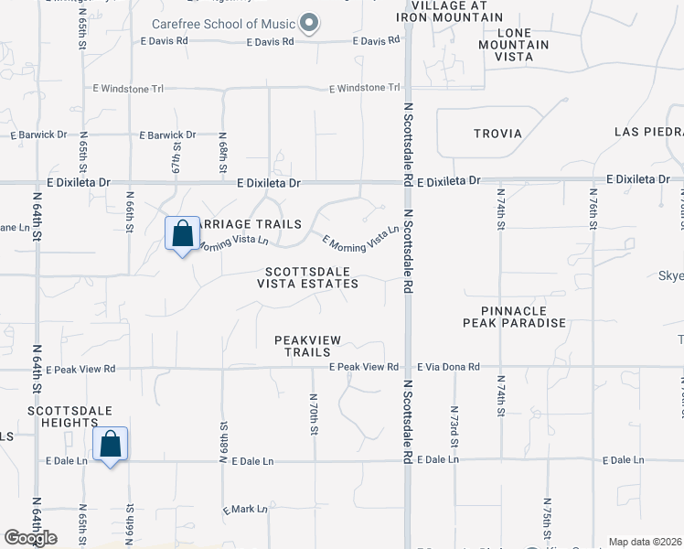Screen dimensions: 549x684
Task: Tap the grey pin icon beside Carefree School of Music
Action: click(310, 24)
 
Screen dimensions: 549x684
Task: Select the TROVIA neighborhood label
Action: click(497, 134)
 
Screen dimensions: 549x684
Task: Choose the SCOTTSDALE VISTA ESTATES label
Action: click(312, 277)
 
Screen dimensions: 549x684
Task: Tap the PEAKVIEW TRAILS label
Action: click(308, 346)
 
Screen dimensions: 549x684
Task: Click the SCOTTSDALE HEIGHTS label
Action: click(62, 416)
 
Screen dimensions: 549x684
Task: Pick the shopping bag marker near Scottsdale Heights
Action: click(111, 445)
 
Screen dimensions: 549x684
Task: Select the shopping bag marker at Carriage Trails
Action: click(183, 233)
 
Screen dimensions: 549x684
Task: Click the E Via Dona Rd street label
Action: click(448, 367)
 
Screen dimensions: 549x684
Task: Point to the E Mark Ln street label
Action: click(245, 509)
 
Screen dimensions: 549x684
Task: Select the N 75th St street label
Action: click(547, 517)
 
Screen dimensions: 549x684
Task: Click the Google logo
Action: click(30, 538)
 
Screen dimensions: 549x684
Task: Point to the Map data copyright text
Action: click(645, 542)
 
